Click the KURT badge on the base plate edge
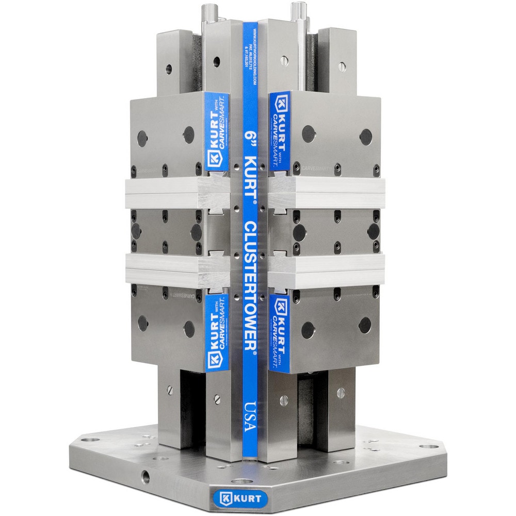coord(240,499)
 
